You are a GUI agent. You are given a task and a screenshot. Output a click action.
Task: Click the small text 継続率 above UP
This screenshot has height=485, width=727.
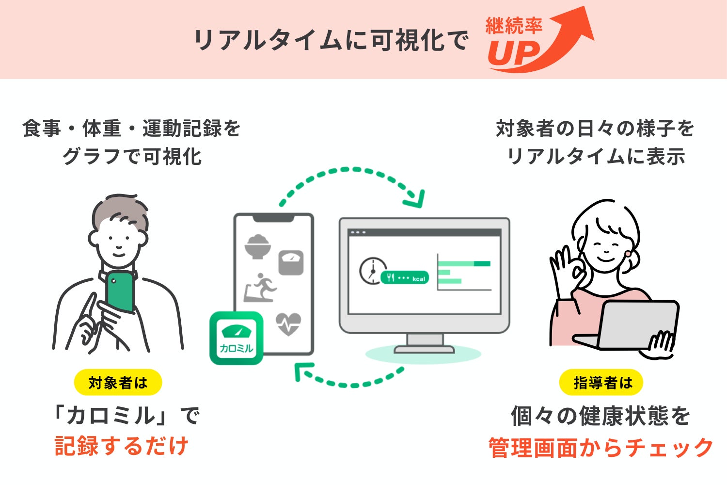pyautogui.click(x=513, y=26)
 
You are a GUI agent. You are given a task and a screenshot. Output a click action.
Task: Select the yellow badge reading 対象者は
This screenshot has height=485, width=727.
pyautogui.click(x=118, y=383)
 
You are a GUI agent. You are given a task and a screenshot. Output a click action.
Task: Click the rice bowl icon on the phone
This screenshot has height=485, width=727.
pyautogui.click(x=257, y=246)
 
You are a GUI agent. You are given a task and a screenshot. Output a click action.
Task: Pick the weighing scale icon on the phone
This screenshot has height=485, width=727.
pyautogui.click(x=291, y=262)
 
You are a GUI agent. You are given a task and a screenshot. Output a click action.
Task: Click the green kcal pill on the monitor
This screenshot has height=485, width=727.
pyautogui.click(x=405, y=277)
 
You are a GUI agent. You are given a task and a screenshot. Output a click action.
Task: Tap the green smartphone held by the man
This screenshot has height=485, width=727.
pyautogui.click(x=120, y=291)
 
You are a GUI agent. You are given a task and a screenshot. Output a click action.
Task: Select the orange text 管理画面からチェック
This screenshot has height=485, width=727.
pyautogui.click(x=601, y=447)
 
